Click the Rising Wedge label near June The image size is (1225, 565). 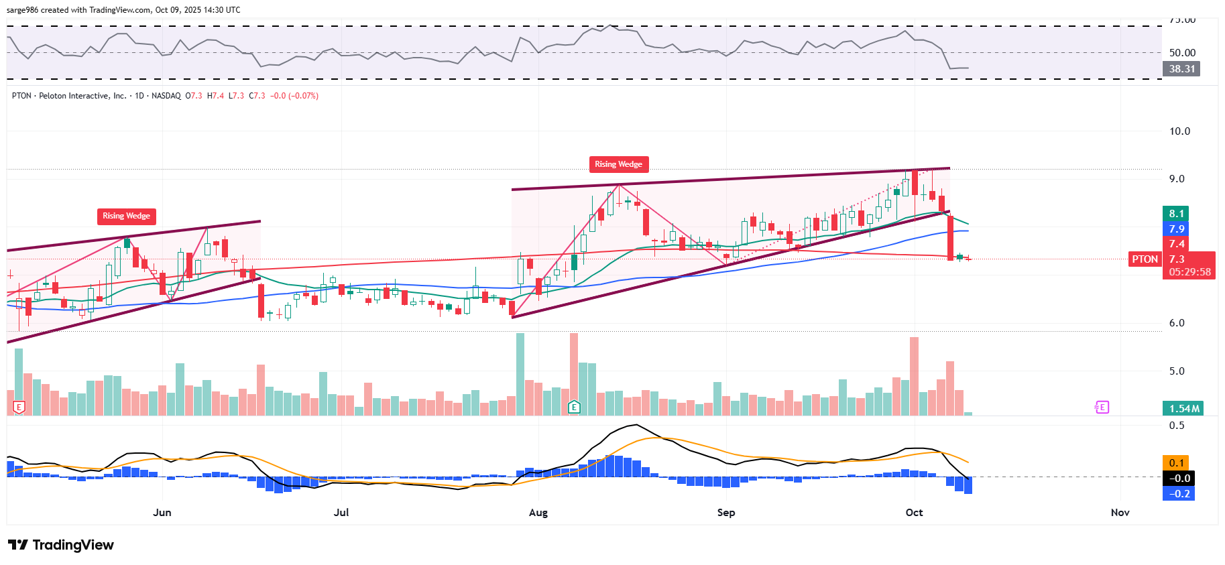126,216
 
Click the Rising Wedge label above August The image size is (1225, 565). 618,164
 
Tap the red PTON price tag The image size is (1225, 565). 1145,259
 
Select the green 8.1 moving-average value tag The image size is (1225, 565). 1176,214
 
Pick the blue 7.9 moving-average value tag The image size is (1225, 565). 1176,229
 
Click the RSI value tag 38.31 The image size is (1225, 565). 1181,69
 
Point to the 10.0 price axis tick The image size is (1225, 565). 1179,131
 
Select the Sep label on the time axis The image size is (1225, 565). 725,513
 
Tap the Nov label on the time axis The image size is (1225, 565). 1120,513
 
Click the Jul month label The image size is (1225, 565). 341,513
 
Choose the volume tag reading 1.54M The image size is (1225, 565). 1184,409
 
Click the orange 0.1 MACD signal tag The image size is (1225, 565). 1176,463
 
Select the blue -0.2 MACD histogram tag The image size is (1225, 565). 1179,494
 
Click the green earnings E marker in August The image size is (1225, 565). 574,407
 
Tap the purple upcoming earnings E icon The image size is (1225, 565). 1102,407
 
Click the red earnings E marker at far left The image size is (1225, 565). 19,407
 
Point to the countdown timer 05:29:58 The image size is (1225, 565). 1189,272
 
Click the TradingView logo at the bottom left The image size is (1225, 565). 61,545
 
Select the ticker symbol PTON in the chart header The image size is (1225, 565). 21,96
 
